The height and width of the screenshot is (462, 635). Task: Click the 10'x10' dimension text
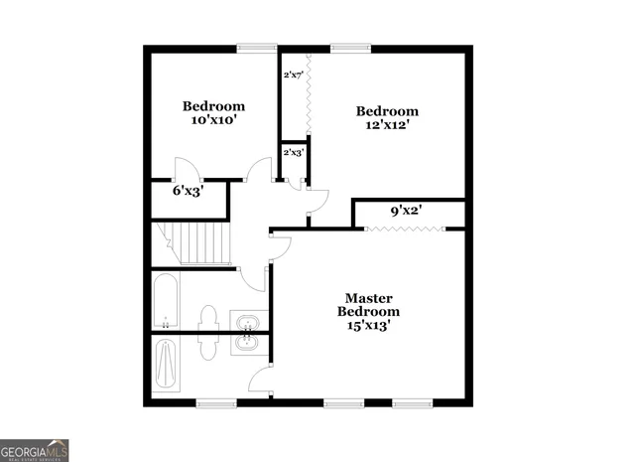point(212,120)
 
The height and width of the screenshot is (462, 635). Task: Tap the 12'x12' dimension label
point(387,125)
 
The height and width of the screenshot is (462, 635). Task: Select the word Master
point(369,298)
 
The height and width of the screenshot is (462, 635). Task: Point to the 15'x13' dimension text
point(369,325)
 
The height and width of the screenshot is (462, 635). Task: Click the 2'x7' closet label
point(293,76)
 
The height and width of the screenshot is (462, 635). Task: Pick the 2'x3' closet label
point(293,153)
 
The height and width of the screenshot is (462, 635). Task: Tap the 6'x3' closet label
point(188,191)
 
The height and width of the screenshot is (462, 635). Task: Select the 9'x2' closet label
point(407,211)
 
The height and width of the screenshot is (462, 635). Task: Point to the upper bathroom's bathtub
point(166,301)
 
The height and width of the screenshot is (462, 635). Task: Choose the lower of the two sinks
point(246,344)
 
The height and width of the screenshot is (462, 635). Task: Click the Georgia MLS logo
point(35,450)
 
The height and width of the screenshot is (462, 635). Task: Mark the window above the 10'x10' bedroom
point(257,46)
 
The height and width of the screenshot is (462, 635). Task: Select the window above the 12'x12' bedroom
point(345,46)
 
